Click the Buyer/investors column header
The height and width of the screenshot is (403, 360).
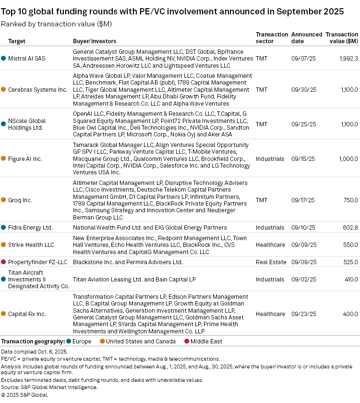(95, 41)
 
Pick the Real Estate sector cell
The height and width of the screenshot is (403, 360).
(271, 262)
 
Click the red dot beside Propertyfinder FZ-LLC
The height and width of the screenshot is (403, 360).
(4, 262)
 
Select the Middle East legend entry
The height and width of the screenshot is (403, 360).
(207, 342)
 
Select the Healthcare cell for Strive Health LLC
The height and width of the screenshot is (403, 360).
(270, 244)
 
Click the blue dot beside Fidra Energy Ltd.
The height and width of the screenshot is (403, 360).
(4, 227)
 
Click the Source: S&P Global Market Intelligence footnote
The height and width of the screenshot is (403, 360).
(49, 387)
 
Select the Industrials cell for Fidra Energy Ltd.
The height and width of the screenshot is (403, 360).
(270, 227)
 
